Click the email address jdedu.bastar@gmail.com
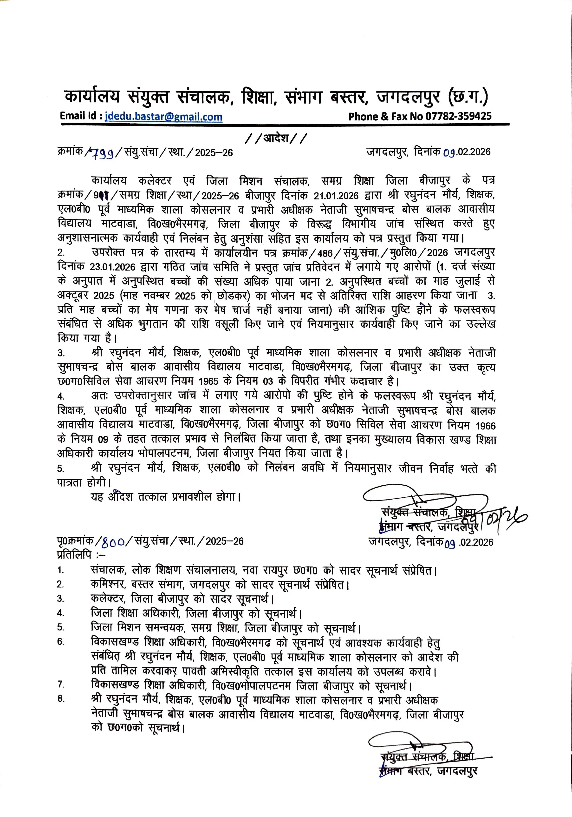pos(164,117)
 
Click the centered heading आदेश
pos(276,137)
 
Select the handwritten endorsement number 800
pos(113,542)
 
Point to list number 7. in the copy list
pos(61,684)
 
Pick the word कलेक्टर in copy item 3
pos(108,599)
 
